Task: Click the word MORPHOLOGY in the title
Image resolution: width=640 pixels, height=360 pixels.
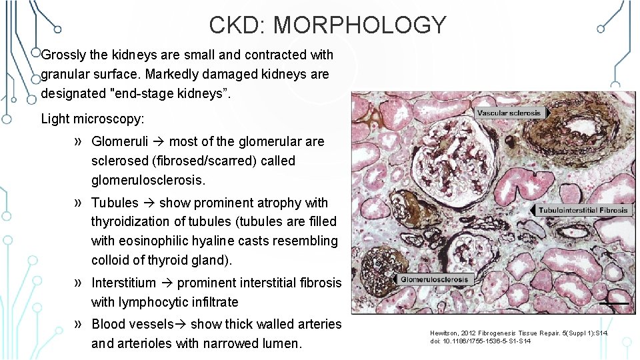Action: [360, 25]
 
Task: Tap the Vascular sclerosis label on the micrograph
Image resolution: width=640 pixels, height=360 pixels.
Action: [509, 113]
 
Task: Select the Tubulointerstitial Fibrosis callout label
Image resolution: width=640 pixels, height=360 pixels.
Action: [583, 210]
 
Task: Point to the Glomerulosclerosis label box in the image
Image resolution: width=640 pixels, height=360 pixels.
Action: [434, 279]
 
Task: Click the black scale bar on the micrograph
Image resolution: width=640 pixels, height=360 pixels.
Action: [613, 303]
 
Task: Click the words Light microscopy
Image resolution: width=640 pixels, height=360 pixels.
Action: [92, 119]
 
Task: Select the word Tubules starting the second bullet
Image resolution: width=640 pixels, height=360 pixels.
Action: [115, 203]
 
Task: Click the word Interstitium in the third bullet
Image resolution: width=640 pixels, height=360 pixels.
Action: [123, 283]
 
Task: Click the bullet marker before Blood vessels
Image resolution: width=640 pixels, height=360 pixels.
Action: [79, 324]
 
